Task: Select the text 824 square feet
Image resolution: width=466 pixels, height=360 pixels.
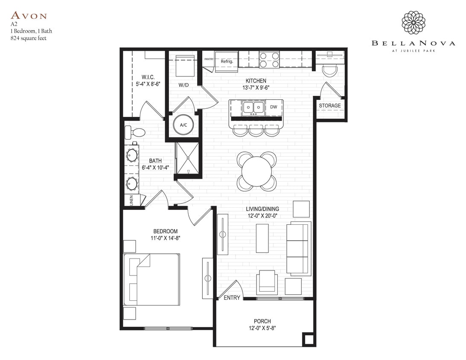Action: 28,38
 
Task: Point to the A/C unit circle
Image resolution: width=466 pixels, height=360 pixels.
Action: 183,125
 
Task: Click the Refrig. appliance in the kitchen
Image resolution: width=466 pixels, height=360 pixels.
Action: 226,61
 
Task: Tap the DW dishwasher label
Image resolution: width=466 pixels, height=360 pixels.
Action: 274,107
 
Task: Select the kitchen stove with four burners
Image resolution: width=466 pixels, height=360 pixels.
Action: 269,59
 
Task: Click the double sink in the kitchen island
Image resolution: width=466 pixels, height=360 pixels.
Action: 253,108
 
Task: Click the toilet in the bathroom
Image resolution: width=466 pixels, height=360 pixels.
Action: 134,132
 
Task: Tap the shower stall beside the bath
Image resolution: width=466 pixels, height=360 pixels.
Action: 188,158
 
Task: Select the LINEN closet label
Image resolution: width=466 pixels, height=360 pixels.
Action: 131,200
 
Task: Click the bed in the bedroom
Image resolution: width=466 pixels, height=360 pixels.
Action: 151,279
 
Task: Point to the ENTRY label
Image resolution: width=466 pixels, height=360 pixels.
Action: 232,298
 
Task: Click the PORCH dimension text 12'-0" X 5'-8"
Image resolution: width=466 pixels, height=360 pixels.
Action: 262,329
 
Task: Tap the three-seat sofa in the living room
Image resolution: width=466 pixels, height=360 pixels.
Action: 298,249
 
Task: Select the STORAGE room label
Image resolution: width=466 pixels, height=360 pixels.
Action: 329,106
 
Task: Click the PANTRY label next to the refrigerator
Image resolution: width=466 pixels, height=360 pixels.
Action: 209,59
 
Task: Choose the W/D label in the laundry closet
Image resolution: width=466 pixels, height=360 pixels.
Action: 183,85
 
